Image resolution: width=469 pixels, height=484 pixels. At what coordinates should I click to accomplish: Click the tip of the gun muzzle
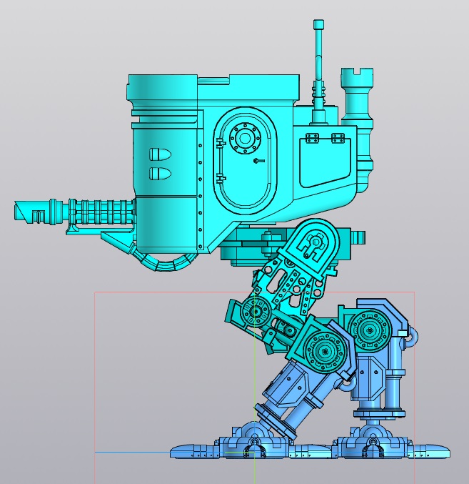click(x=17, y=211)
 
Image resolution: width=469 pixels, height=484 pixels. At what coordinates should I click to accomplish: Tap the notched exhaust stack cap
click(x=358, y=74)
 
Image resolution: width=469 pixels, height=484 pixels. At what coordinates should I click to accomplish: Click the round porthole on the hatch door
click(x=245, y=137)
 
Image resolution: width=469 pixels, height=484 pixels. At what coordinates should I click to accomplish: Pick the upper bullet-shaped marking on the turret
click(x=158, y=154)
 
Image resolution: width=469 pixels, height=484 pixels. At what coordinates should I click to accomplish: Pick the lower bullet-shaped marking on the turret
click(x=158, y=173)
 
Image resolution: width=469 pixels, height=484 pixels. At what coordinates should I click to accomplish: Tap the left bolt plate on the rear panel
click(x=311, y=137)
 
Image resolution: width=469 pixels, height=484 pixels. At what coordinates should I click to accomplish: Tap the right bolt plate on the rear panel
click(x=340, y=137)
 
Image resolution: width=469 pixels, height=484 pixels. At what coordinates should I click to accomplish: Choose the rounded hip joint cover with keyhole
click(x=312, y=244)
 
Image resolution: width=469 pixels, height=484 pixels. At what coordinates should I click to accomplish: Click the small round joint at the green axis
click(x=255, y=311)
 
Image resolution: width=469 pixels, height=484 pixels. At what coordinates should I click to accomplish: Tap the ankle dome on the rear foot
click(x=372, y=433)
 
